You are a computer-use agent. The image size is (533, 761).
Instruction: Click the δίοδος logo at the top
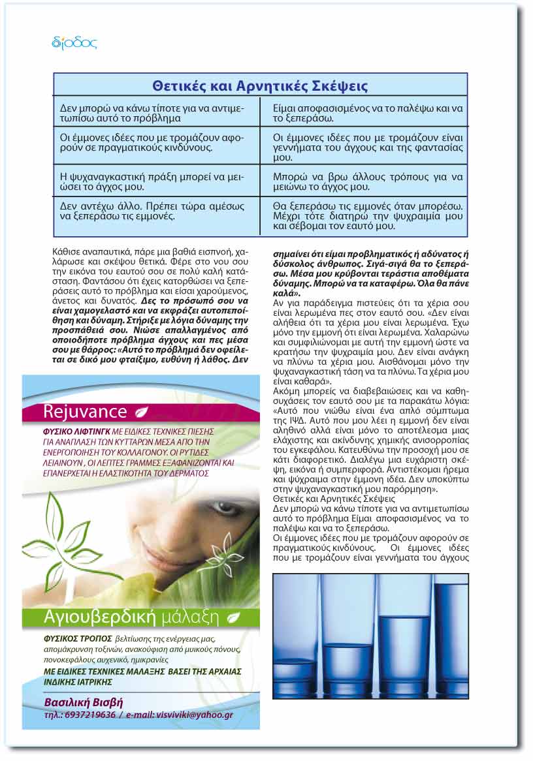click(x=74, y=43)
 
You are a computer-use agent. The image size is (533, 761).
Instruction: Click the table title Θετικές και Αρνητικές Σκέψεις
click(x=260, y=85)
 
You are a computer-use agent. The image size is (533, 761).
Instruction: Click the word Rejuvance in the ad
click(x=85, y=412)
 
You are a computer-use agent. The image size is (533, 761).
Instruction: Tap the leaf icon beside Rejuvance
click(x=142, y=412)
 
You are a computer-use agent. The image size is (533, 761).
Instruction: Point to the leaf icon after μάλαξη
click(x=233, y=617)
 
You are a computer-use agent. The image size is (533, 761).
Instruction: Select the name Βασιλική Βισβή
click(x=84, y=702)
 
